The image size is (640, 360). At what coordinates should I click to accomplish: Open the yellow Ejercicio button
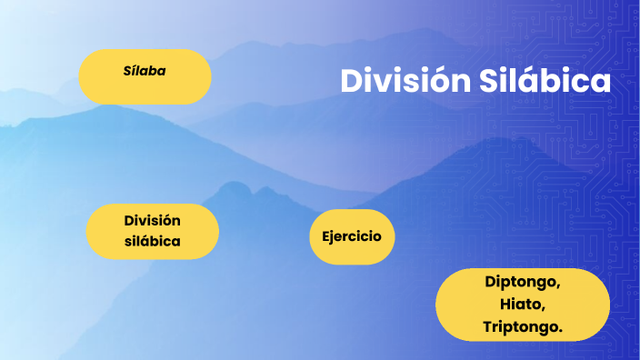[351, 237]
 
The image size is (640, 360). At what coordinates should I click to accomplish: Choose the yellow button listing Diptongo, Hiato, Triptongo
[523, 304]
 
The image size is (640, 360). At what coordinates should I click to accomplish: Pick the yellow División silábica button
[153, 231]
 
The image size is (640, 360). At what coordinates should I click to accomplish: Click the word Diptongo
[523, 282]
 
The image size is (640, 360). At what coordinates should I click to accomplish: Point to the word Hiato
[522, 304]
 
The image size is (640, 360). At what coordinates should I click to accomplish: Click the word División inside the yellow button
[153, 220]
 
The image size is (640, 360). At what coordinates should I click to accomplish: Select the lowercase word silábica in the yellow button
[153, 242]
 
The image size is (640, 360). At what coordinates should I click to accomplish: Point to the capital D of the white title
[352, 80]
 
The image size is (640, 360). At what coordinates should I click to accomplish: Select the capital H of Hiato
[505, 304]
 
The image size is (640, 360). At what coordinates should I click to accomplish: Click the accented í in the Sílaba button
[133, 70]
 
